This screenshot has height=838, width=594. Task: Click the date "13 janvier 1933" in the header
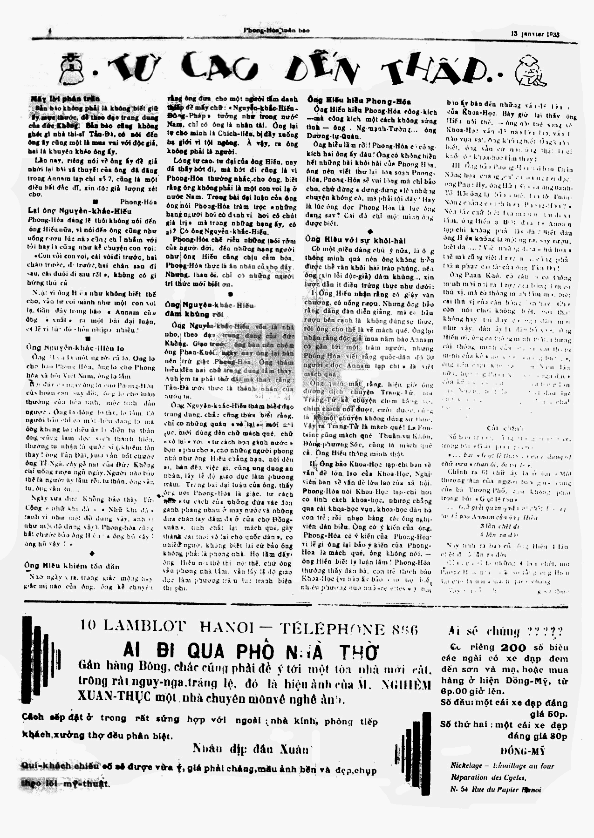[535, 34]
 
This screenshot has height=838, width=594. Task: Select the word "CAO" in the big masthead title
[219, 68]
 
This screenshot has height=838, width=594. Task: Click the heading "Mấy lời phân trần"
[59, 99]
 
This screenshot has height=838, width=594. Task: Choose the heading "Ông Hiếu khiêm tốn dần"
[72, 566]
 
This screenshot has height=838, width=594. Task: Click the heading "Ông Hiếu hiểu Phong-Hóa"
[359, 101]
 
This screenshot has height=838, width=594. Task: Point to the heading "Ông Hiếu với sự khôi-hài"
[355, 240]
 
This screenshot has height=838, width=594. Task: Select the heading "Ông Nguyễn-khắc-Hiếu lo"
[75, 348]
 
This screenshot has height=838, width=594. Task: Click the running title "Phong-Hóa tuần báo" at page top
[276, 31]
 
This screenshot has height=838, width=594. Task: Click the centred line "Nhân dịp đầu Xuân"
[250, 749]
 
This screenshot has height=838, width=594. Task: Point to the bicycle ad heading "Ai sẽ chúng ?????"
[505, 631]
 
